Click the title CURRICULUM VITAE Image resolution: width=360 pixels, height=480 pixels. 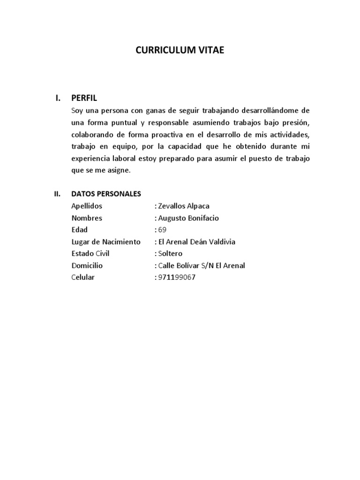click(180, 51)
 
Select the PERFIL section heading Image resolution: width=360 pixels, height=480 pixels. click(84, 98)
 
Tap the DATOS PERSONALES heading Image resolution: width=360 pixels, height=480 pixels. click(106, 194)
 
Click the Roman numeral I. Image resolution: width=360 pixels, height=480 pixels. click(58, 98)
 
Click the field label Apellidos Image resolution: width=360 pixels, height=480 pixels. click(87, 206)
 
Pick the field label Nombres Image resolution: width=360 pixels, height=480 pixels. click(87, 218)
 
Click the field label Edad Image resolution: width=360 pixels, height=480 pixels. click(80, 230)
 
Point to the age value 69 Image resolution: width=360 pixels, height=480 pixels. click(162, 230)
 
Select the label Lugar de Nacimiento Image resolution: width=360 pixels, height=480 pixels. click(106, 242)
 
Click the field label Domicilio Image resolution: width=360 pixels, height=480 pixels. click(87, 265)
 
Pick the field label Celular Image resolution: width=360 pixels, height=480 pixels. click(83, 277)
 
